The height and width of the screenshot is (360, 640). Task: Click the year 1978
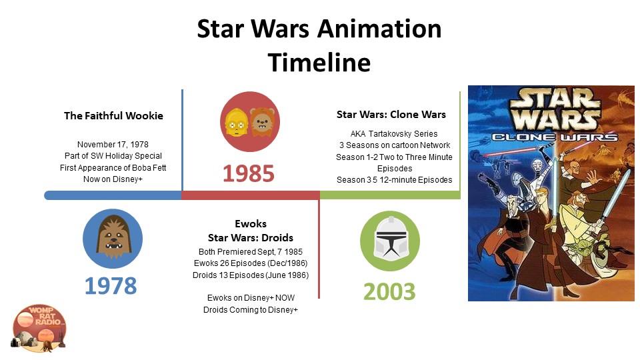111,286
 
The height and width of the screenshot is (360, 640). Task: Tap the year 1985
249,173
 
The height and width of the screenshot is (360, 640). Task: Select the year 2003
389,292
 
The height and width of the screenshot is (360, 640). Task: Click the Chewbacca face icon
113,238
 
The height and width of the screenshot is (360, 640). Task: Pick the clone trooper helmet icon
390,240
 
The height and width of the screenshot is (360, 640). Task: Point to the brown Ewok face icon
263,121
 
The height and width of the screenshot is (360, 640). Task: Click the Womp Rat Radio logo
39,328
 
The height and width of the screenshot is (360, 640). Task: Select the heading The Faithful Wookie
113,116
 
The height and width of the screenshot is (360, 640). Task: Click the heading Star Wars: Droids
251,237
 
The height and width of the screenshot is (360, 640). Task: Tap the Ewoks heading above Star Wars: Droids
251,224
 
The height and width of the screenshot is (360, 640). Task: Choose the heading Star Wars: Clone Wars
391,115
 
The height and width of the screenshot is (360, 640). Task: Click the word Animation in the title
379,29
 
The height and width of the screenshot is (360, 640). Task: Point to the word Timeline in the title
319,63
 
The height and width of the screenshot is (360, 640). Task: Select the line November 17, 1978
113,145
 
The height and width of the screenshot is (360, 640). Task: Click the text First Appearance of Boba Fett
113,168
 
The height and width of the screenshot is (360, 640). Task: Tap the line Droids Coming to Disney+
251,310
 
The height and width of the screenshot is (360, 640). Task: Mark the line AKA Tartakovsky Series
394,134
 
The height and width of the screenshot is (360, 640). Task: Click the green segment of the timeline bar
390,195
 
